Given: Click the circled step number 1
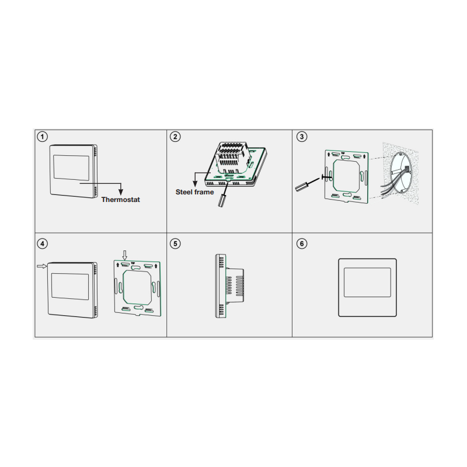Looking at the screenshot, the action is point(42,137).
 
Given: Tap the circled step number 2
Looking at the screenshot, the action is point(175,137).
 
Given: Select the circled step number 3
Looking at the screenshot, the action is point(302,137).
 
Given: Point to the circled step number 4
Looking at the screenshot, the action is point(42,243).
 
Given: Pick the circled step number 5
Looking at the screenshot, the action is point(175,243).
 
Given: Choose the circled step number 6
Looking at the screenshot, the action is point(302,243).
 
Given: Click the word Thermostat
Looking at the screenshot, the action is point(121,200).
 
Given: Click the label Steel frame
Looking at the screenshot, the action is point(195,192).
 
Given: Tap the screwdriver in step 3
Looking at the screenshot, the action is point(308,184).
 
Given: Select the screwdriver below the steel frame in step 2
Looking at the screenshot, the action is point(224,196).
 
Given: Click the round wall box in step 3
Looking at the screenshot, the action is point(401,173).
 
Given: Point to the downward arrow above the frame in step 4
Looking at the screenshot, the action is point(125,255).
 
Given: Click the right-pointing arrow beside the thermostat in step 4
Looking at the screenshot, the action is point(42,266).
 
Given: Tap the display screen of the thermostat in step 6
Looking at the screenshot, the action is point(367,283).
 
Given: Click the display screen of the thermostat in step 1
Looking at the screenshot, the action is point(71,168).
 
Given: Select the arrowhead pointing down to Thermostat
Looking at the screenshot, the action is point(121,192).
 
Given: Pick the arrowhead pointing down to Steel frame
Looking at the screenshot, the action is point(195,183).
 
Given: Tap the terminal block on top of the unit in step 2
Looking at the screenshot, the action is point(232,157).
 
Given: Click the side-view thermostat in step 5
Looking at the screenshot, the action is point(229,286).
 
